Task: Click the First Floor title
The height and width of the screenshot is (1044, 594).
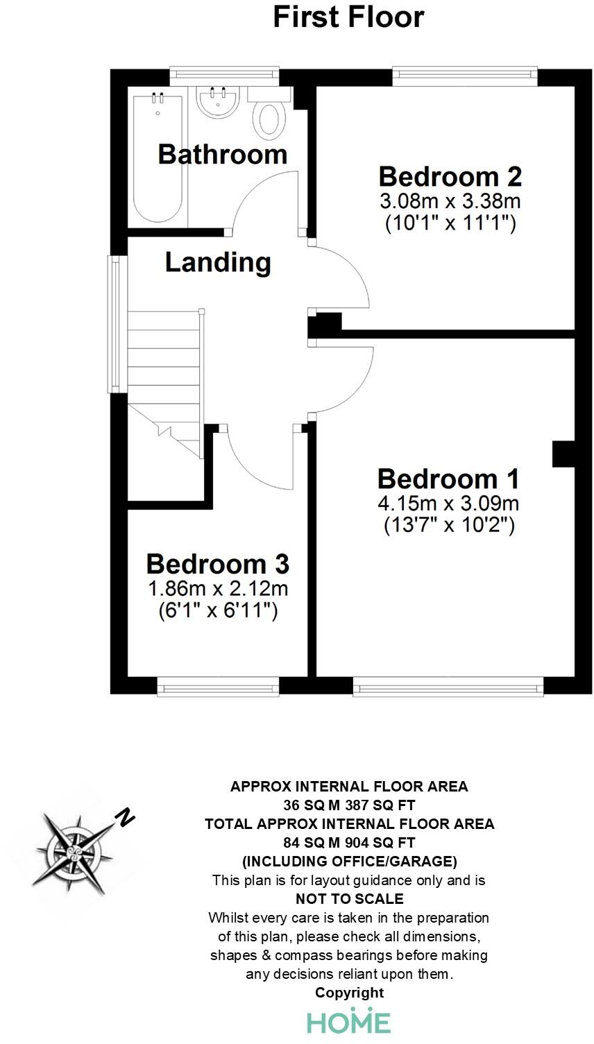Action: (348, 17)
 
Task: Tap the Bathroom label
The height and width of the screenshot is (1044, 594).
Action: (222, 153)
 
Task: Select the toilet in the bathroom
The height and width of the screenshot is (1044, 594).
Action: (270, 117)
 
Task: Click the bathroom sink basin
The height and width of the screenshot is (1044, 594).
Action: (218, 104)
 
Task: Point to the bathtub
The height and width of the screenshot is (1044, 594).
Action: (158, 158)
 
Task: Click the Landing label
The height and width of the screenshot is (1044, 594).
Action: (218, 262)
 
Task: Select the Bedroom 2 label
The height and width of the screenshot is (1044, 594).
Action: (450, 176)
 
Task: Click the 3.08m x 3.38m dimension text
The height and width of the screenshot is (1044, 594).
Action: (450, 202)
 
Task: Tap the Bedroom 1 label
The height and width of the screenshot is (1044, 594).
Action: (448, 479)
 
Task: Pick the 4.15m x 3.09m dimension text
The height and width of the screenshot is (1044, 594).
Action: (449, 503)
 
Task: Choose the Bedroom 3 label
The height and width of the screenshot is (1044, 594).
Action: (217, 564)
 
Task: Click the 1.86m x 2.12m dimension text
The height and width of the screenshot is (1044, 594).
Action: (217, 589)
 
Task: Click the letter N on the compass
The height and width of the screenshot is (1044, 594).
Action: (125, 817)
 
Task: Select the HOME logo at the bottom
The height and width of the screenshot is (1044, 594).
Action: (348, 1021)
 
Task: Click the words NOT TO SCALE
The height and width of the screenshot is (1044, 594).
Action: (349, 899)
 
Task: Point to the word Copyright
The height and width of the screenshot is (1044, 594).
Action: (349, 993)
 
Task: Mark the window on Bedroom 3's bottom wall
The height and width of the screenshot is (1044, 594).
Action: (218, 687)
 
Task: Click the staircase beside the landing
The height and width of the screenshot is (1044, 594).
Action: (163, 361)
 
